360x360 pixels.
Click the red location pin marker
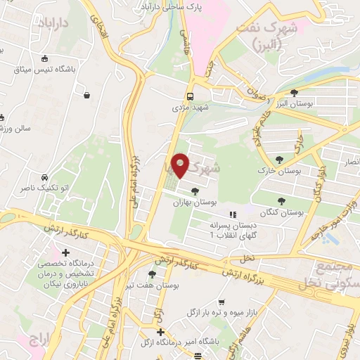(x=181, y=165)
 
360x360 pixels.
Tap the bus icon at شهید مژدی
(x=190, y=97)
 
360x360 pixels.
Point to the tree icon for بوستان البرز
(x=294, y=93)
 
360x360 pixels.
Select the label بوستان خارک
(x=296, y=171)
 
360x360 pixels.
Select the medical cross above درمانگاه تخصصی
(x=66, y=252)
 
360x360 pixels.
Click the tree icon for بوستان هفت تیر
(x=153, y=274)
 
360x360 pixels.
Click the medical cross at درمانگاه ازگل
(x=161, y=332)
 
